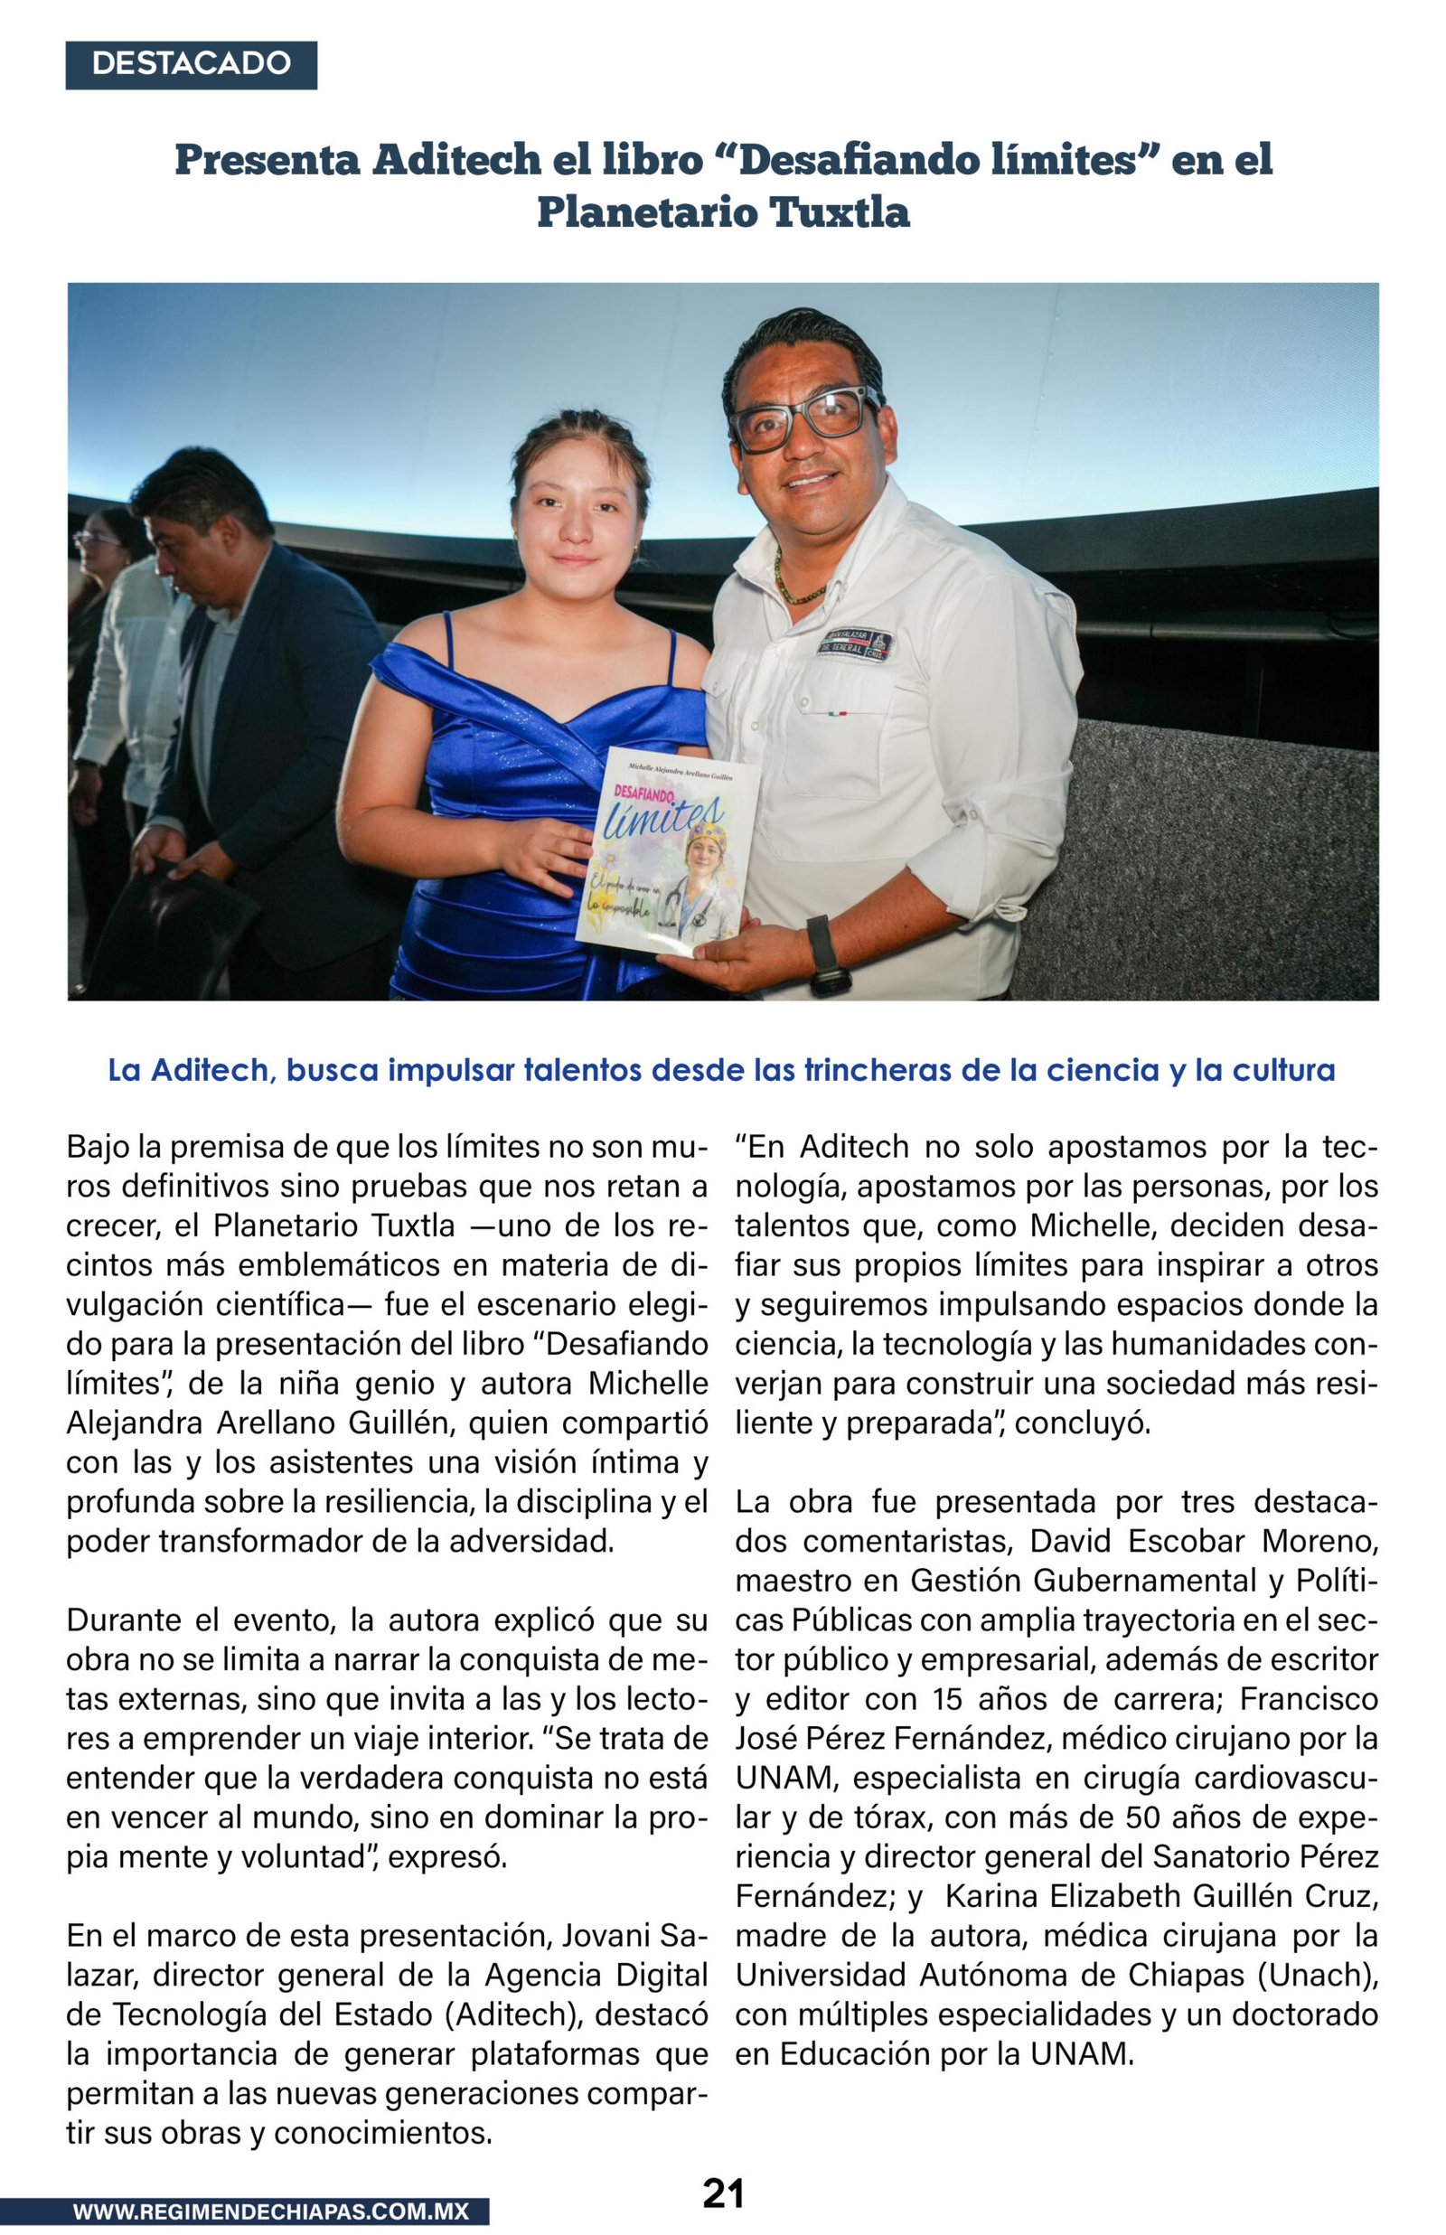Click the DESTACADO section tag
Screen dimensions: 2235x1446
click(192, 65)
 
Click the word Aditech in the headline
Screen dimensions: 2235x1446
click(456, 160)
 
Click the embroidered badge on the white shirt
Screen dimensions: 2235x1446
click(854, 645)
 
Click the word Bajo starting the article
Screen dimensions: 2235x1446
click(97, 1147)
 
